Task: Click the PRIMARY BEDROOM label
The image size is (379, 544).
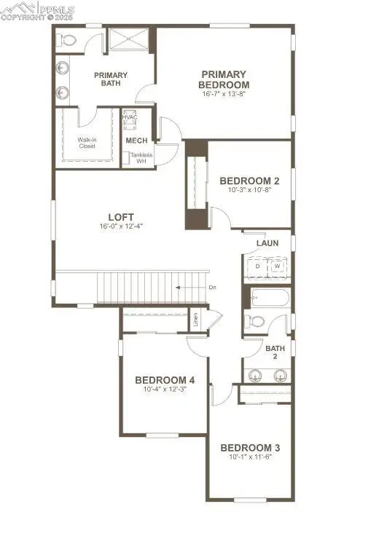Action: click(x=224, y=79)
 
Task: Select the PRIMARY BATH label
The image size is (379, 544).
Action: click(x=111, y=79)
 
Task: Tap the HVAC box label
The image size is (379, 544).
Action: click(x=130, y=118)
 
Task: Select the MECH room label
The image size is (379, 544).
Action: click(x=136, y=141)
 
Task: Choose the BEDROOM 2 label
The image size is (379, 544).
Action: click(x=250, y=181)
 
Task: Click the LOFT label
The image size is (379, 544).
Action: click(x=122, y=216)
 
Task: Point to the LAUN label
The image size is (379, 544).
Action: click(x=267, y=243)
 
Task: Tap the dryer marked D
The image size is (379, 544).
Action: click(x=257, y=267)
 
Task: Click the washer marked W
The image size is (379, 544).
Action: click(x=278, y=267)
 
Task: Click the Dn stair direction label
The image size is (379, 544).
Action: click(x=212, y=288)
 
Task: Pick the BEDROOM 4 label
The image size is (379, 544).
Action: click(x=165, y=380)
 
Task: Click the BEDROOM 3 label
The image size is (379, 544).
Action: click(x=250, y=447)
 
